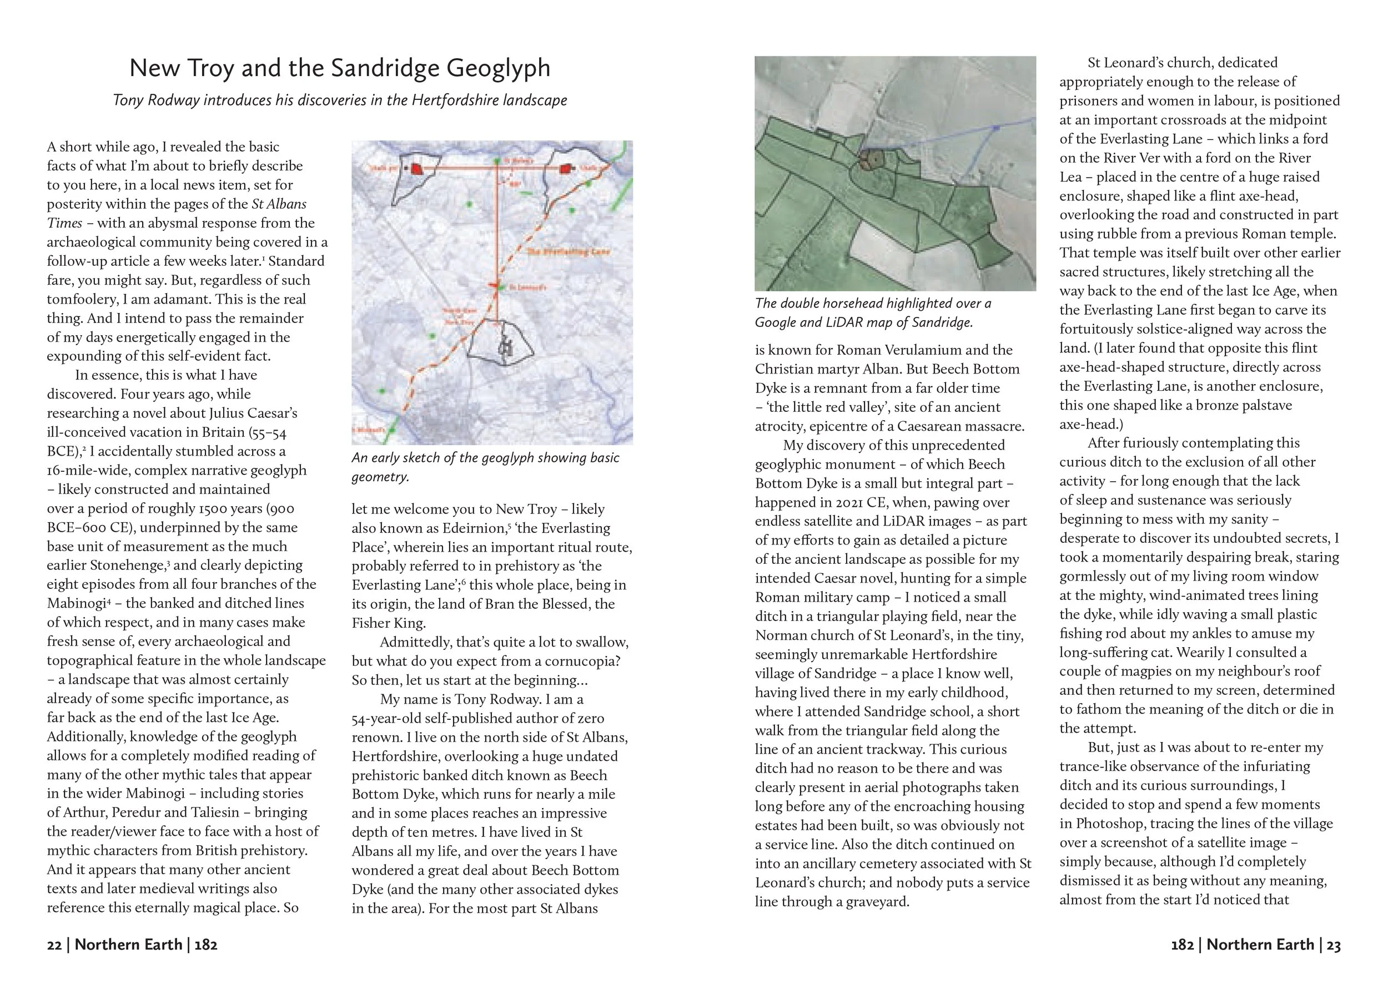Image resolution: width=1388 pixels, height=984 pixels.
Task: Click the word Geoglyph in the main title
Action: point(498,68)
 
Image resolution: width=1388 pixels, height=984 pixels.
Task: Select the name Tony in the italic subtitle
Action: point(127,100)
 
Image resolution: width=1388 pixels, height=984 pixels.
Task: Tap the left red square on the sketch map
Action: point(416,170)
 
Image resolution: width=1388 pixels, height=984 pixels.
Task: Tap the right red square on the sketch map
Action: point(566,169)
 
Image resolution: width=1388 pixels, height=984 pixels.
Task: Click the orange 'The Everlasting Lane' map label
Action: point(569,251)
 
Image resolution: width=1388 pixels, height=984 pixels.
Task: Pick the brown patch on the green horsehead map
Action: point(871,160)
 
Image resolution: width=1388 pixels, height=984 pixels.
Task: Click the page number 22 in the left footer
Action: point(54,945)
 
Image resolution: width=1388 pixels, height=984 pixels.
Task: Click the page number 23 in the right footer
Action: point(1334,945)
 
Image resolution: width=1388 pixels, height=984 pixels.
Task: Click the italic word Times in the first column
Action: point(64,223)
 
